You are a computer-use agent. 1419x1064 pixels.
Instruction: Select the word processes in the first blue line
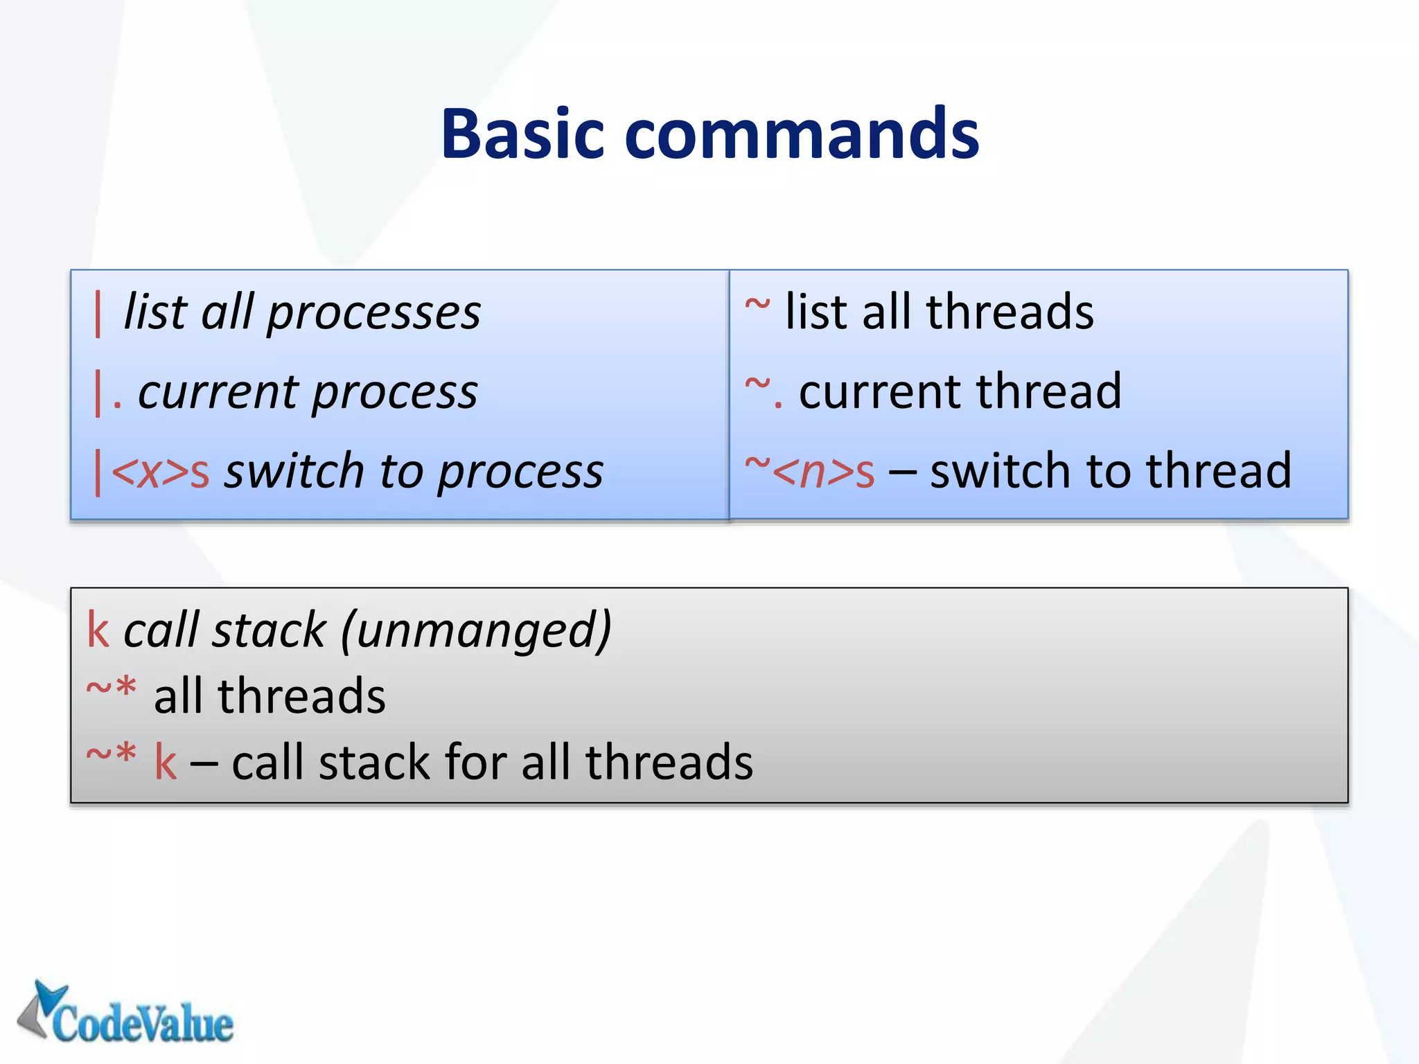tap(374, 313)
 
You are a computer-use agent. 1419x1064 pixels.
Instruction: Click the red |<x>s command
tap(152, 472)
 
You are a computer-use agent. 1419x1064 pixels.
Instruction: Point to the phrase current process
tap(308, 393)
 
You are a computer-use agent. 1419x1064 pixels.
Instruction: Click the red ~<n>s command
tap(809, 472)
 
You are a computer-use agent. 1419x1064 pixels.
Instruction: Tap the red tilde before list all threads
tap(757, 305)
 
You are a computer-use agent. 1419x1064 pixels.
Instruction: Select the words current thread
tap(960, 392)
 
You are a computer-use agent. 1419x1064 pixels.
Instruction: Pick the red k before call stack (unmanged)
tap(98, 630)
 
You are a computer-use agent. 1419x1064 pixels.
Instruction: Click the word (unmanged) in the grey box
tap(476, 630)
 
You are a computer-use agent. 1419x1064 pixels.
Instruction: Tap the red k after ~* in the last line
tap(166, 763)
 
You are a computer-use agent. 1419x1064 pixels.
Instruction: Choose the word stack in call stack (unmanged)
tap(269, 630)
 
